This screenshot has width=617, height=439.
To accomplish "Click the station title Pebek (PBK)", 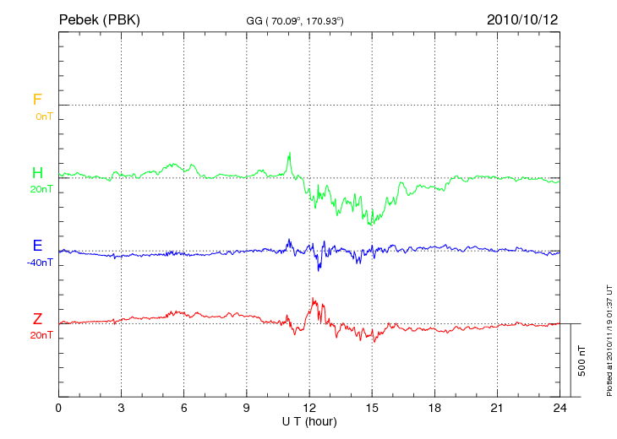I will tap(100, 19).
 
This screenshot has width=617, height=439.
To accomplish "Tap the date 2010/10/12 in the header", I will tap(521, 19).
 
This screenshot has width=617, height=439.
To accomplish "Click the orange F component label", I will tap(37, 100).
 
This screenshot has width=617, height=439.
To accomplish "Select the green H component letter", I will tap(37, 173).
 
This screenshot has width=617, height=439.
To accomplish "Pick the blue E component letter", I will tap(37, 246).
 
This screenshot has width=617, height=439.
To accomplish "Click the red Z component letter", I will tap(37, 318).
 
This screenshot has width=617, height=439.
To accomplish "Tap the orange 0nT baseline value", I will tap(43, 117).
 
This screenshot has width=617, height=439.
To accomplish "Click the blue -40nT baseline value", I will tap(40, 263).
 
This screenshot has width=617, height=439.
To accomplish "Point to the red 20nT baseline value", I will tap(41, 335).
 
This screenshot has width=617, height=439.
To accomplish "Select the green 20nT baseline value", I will tap(41, 189).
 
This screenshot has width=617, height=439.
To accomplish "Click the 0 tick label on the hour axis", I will tap(58, 408).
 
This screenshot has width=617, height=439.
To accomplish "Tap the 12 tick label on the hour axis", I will tap(309, 408).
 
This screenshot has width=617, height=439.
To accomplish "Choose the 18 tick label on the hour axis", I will tap(434, 408).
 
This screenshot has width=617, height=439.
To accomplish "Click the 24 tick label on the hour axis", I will tap(560, 408).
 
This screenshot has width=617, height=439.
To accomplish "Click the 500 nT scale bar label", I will tap(582, 360).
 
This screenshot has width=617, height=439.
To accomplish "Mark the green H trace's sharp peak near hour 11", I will tap(290, 153).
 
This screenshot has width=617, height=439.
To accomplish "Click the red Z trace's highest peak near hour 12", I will tap(313, 298).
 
